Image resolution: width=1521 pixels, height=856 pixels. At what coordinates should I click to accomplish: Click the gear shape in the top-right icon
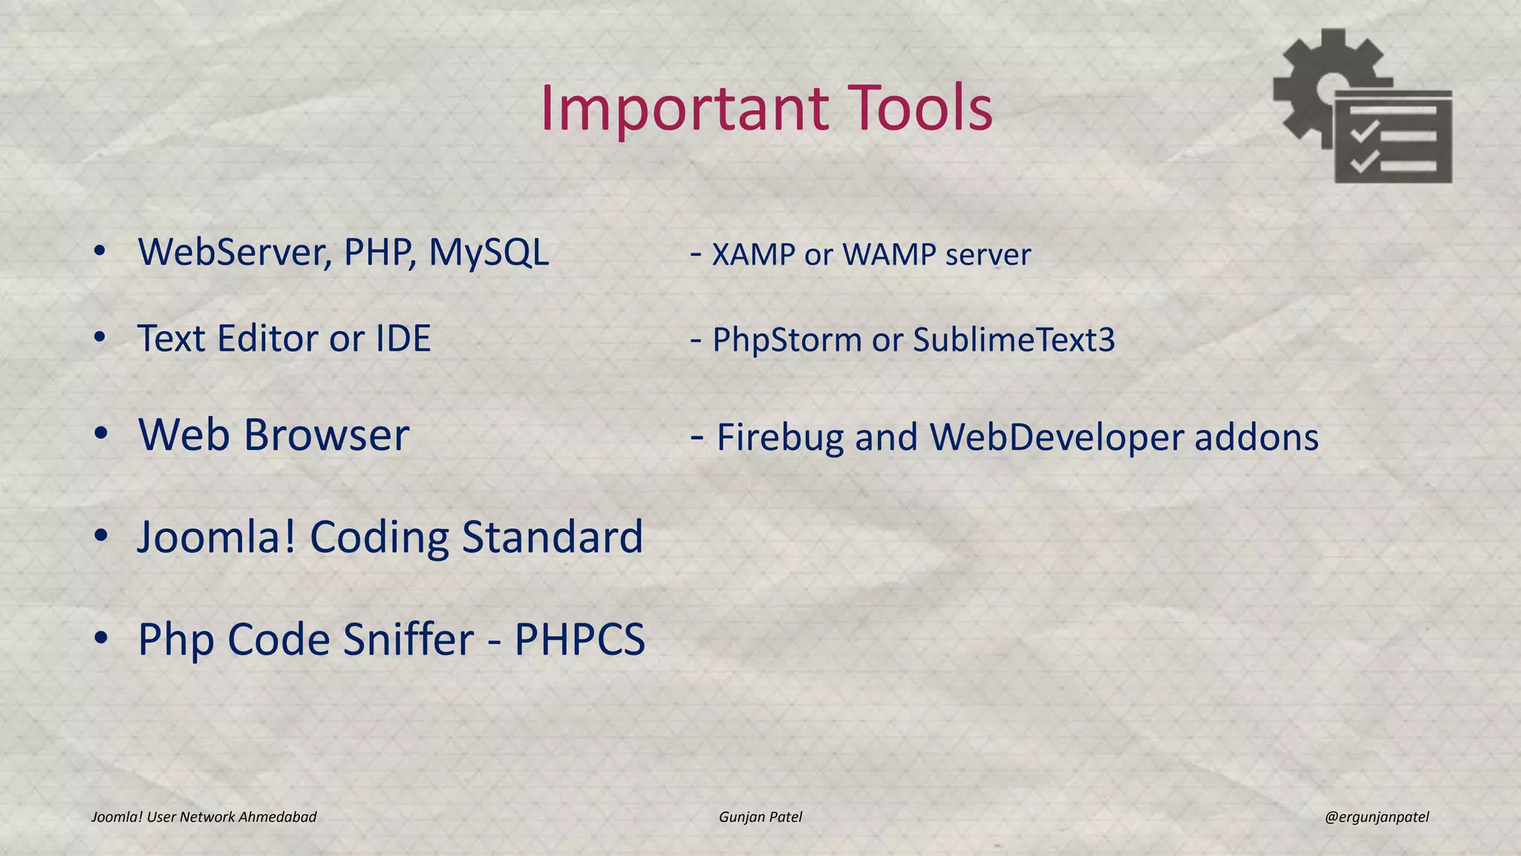tap(1307, 82)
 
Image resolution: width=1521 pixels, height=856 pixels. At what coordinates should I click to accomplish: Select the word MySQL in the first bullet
tap(489, 253)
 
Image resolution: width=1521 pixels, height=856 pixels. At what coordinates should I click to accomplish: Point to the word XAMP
tap(753, 255)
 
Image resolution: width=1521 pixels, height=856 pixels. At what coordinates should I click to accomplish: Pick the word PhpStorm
tap(786, 340)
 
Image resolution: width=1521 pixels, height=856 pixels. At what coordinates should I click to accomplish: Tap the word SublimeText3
tap(1014, 340)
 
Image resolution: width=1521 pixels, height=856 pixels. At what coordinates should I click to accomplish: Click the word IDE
tap(403, 339)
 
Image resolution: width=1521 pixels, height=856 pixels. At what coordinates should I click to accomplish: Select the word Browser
tap(326, 435)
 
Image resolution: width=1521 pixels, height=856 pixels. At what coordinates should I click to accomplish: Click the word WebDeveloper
tap(1057, 438)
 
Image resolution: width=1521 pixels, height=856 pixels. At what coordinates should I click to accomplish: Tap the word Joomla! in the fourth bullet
tap(216, 536)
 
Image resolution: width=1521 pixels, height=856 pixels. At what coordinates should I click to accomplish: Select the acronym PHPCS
tap(579, 639)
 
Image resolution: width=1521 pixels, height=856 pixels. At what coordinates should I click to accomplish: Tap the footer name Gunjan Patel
tap(760, 817)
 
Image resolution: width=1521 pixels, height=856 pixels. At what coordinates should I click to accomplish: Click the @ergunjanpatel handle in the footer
tap(1376, 817)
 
